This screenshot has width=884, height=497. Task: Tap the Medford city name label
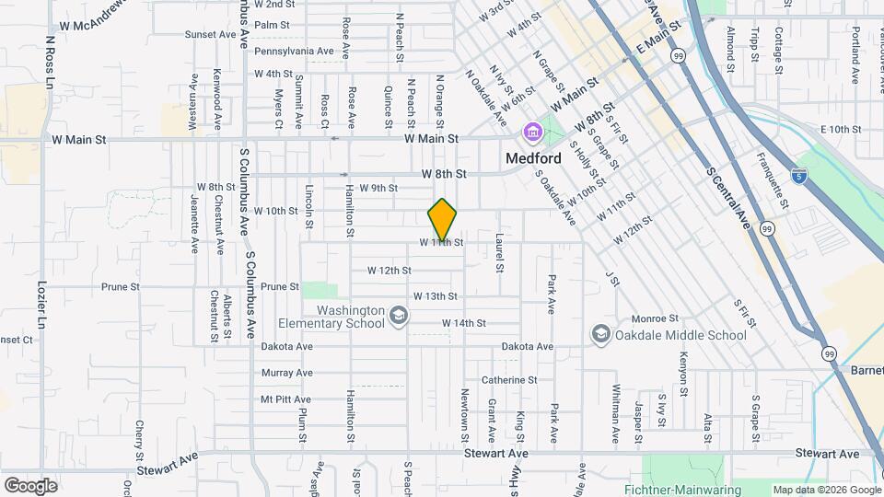click(533, 158)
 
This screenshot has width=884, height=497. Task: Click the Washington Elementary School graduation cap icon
click(399, 317)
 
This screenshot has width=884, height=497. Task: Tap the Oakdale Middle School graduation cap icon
click(600, 334)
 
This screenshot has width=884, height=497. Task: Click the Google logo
click(30, 485)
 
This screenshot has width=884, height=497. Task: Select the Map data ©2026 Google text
click(826, 490)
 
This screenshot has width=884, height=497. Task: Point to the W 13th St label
click(436, 296)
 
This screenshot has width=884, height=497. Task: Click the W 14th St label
click(463, 323)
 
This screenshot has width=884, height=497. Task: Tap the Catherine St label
click(508, 379)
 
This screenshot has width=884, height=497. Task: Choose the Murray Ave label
click(286, 373)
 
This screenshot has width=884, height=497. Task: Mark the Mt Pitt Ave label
click(285, 399)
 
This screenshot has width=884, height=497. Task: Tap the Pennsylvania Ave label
click(294, 51)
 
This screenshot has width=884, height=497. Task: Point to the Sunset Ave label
click(210, 34)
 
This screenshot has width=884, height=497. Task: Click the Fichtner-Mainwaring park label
click(704, 491)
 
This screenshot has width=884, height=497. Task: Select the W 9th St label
click(378, 188)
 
